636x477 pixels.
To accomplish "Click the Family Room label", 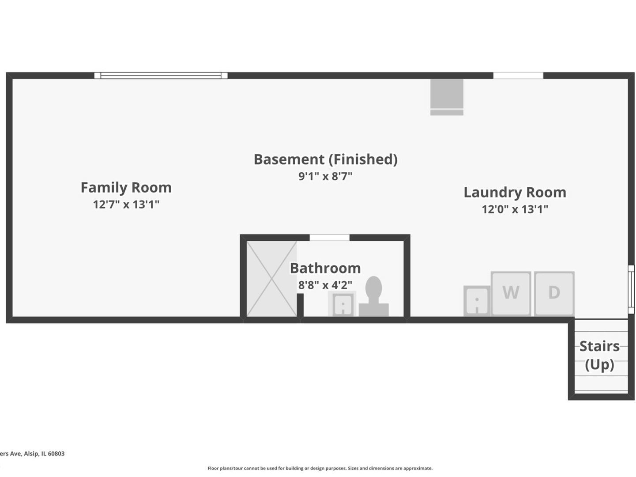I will point(126,188).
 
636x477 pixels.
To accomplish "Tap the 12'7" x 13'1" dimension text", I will point(126,204).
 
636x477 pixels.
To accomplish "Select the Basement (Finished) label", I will point(325,159).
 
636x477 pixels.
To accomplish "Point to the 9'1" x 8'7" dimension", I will point(325,176).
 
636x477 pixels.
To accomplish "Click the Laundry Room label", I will point(515,193).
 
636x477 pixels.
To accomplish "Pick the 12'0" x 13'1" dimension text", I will point(515,209).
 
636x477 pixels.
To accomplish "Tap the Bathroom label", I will point(325,268).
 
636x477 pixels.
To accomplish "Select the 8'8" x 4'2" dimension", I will point(325,285).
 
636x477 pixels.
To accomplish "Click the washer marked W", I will point(511,293).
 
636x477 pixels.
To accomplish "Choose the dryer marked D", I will point(554,293).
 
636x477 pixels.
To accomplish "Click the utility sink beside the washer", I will point(477,301).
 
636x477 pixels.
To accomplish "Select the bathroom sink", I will point(342,304).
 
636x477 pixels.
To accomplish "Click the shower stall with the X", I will point(271,279).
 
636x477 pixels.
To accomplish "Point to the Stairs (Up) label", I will point(599,355).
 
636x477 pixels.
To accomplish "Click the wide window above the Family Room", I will point(161,76).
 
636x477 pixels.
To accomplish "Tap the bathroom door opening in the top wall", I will point(329,238).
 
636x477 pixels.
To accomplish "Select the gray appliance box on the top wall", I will point(447,97).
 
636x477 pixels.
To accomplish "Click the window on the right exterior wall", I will point(632,289).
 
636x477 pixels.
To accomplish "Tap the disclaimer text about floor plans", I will point(320,468).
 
